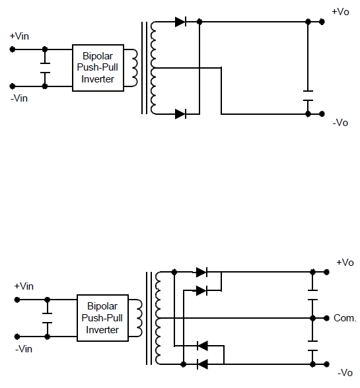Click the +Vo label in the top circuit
tap(340, 12)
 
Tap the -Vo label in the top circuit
tap(340, 123)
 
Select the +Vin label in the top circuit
tap(19, 36)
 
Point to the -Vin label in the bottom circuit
tap(24, 349)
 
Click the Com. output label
tap(345, 318)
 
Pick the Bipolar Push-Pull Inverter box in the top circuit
tap(98, 68)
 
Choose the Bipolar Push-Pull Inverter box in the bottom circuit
tap(102, 318)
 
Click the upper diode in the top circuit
tap(180, 22)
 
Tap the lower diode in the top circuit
tap(180, 114)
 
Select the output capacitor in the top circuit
tap(308, 96)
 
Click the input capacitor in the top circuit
tap(45, 68)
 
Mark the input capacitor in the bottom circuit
tap(47, 318)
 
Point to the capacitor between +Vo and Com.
tap(312, 295)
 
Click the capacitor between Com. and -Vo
tap(312, 346)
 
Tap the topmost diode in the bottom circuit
tap(201, 272)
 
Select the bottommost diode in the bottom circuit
tap(202, 364)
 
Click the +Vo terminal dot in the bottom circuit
tap(326, 272)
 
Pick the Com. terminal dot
tap(326, 318)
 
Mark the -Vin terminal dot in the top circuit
tap(13, 86)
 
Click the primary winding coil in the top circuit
tap(134, 68)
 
